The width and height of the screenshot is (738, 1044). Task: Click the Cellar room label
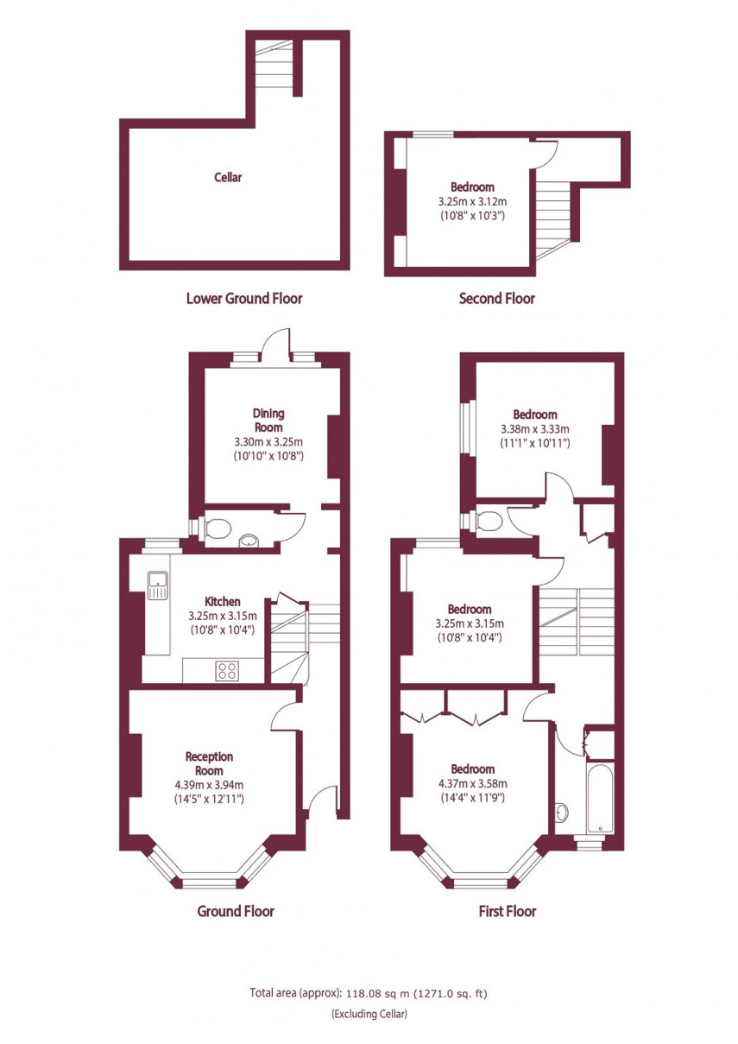click(x=228, y=178)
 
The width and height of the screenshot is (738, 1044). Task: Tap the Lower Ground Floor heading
click(x=244, y=299)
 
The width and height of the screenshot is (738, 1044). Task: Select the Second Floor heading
click(x=496, y=299)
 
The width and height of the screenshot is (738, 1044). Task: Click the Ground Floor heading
click(x=236, y=911)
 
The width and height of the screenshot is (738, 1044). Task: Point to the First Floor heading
click(x=507, y=911)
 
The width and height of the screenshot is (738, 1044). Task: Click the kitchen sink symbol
click(x=158, y=585)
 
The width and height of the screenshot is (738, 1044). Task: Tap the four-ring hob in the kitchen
click(x=229, y=670)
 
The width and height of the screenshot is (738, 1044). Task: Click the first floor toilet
click(x=487, y=520)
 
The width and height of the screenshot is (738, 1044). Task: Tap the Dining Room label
click(x=268, y=420)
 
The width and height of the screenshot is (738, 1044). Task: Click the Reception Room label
click(x=209, y=763)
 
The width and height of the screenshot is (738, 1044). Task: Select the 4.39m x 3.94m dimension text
click(x=209, y=785)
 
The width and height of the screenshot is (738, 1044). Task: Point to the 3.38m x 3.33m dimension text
click(x=535, y=429)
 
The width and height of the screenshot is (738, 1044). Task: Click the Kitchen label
click(x=222, y=602)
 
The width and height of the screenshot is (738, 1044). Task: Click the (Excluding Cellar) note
click(x=369, y=1014)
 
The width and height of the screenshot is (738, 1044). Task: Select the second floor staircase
click(x=553, y=212)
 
